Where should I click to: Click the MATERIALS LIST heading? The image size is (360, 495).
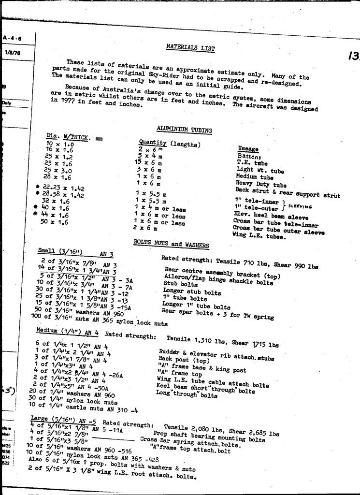tap(190, 47)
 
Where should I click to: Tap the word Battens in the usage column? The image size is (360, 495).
tap(249, 157)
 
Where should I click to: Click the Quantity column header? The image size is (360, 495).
tap(152, 143)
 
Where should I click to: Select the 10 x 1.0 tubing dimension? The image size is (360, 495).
tap(59, 144)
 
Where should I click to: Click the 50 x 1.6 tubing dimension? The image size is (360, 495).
tap(54, 222)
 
